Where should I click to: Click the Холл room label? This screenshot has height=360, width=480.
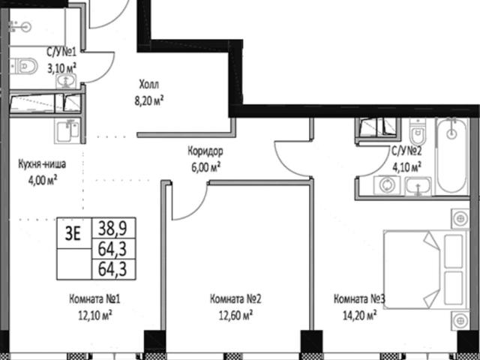coord(149,84)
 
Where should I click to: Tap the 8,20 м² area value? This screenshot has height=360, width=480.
coord(149,100)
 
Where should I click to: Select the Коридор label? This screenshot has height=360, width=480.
coord(205,151)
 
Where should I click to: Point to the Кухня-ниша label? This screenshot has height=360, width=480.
coord(42,164)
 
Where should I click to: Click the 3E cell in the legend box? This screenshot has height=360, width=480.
coord(73,234)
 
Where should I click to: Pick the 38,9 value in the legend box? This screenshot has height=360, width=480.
coord(112,228)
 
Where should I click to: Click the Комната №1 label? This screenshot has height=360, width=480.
coord(94,299)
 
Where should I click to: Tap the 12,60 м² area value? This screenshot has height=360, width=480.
coord(235,315)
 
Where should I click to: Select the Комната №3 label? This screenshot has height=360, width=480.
coord(359,299)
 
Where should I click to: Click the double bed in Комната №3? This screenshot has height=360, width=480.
coord(425,269)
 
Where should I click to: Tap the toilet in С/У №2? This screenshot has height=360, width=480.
coord(417,132)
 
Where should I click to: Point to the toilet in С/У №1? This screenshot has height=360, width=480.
coord(25,66)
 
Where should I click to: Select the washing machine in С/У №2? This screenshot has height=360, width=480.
coord(387,185)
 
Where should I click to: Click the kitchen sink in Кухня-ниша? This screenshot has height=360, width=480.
coord(67,131)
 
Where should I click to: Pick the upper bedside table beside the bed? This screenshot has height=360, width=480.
coord(460,218)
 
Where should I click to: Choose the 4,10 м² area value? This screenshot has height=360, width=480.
coord(406,166)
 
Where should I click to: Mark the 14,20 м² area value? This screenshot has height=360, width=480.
coord(360,315)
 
